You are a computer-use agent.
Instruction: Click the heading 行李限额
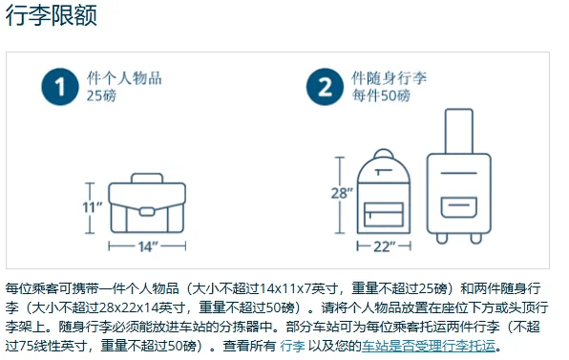pyautogui.click(x=52, y=16)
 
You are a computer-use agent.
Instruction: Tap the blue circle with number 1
pyautogui.click(x=60, y=87)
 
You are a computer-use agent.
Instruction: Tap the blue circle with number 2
pyautogui.click(x=325, y=87)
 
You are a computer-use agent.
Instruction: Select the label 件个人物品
pyautogui.click(x=124, y=78)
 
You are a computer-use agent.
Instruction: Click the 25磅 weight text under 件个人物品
pyautogui.click(x=101, y=95)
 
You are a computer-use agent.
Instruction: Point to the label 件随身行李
pyautogui.click(x=389, y=78)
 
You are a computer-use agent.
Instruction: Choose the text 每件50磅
pyautogui.click(x=381, y=95)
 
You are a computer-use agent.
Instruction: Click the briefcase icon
pyautogui.click(x=147, y=203)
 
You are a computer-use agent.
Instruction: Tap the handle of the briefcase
pyautogui.click(x=147, y=178)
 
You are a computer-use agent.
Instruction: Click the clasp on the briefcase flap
pyautogui.click(x=147, y=212)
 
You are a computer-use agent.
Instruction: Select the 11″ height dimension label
pyautogui.click(x=93, y=207)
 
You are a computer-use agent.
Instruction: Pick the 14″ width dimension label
pyautogui.click(x=149, y=246)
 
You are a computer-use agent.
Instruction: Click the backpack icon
pyautogui.click(x=384, y=191)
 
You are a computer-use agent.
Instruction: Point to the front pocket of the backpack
pyautogui.click(x=384, y=215)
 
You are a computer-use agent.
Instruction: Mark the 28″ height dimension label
pyautogui.click(x=342, y=193)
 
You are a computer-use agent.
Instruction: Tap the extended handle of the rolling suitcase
pyautogui.click(x=459, y=132)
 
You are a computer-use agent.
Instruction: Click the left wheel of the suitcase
pyautogui.click(x=442, y=239)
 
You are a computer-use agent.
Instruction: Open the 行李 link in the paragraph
pyautogui.click(x=292, y=346)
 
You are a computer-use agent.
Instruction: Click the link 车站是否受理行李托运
pyautogui.click(x=429, y=346)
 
